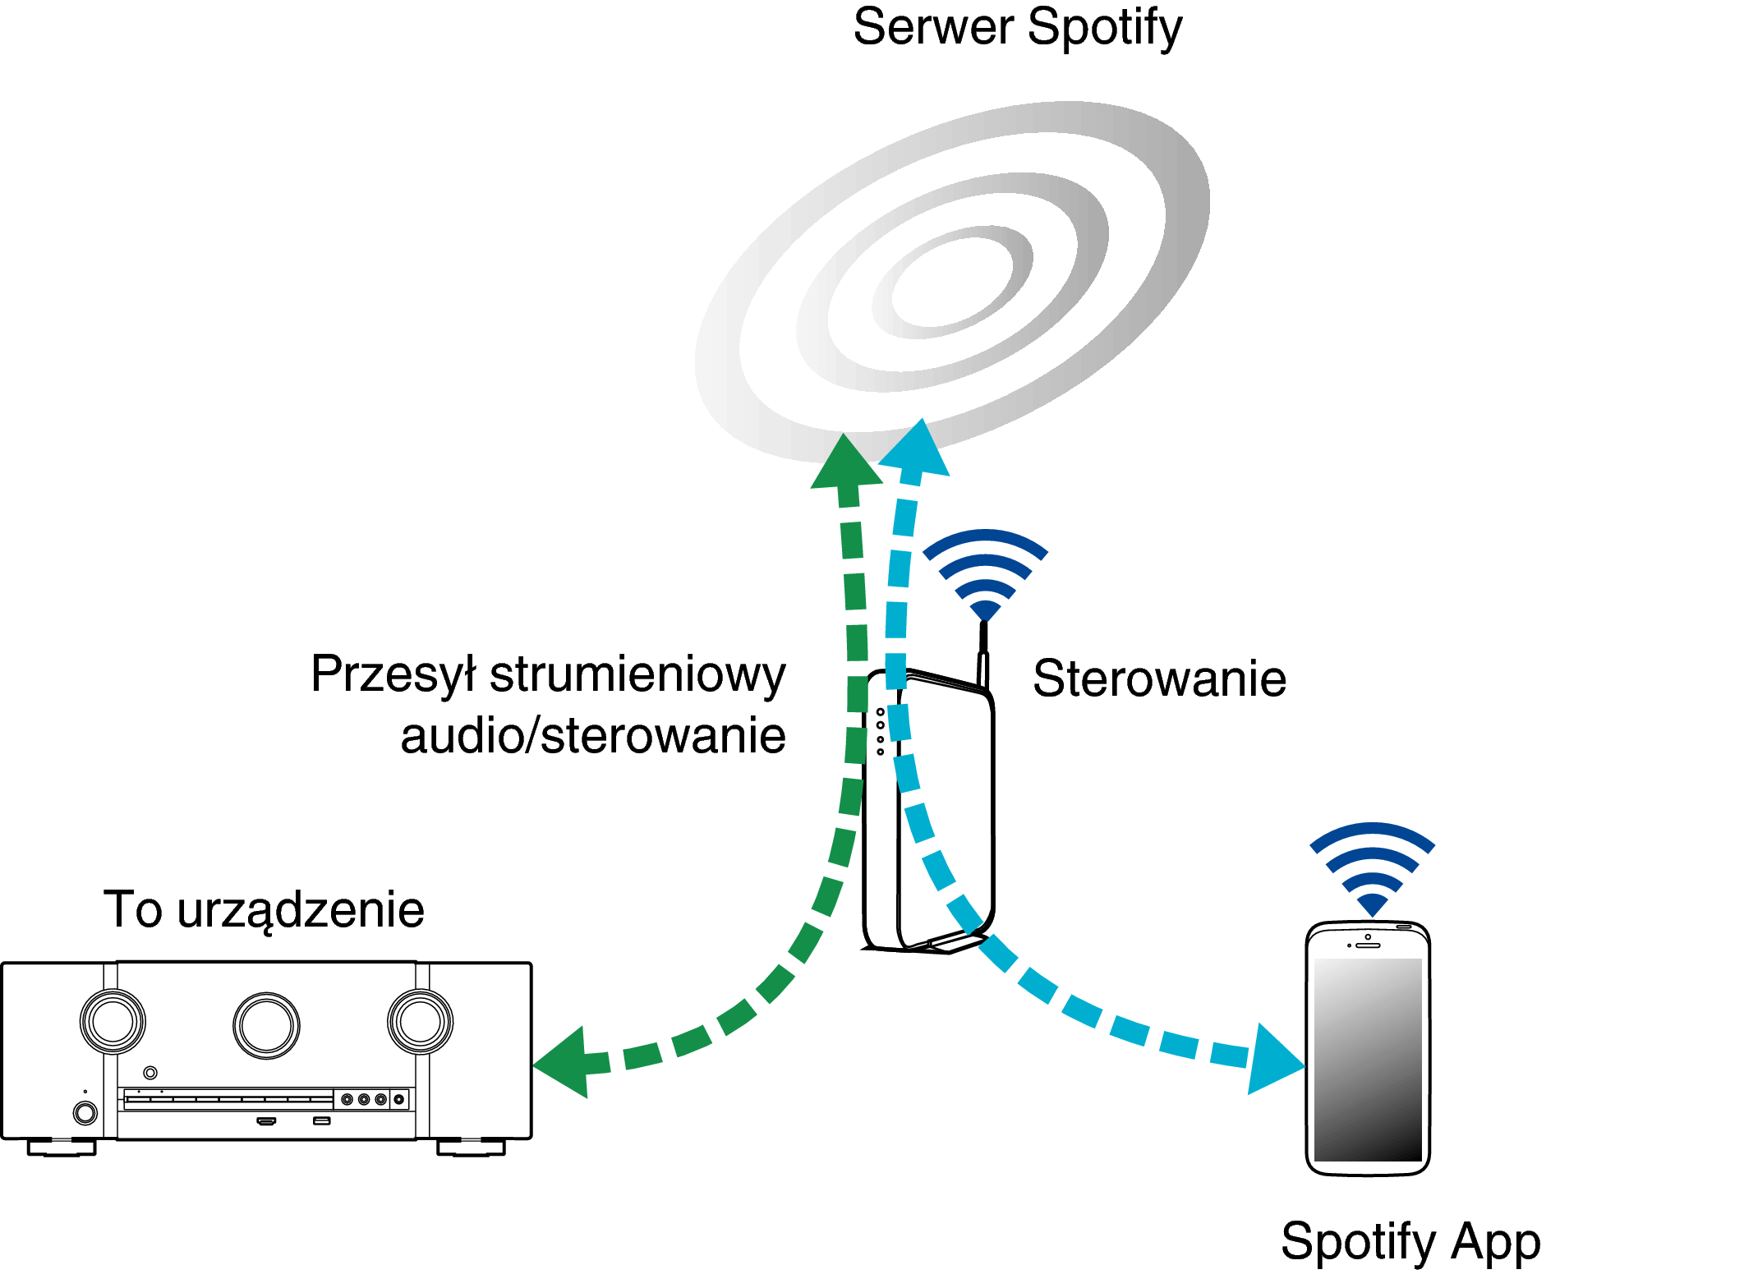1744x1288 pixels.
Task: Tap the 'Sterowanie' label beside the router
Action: [x=1159, y=678]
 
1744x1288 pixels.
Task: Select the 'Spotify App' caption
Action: [x=1410, y=1241]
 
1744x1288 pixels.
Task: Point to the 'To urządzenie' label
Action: [x=264, y=910]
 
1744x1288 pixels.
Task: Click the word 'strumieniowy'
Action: [x=637, y=675]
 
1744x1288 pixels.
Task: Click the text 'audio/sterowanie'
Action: [x=593, y=735]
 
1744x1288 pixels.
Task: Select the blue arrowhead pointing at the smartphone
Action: [x=1275, y=1060]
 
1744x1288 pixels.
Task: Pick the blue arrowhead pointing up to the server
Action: [x=917, y=449]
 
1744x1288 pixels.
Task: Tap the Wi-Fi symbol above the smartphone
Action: [x=1372, y=868]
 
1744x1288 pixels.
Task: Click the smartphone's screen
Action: [x=1368, y=1060]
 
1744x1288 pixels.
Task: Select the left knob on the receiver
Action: [x=113, y=1022]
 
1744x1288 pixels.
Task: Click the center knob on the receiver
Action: [x=266, y=1025]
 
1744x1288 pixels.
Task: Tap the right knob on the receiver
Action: [x=420, y=1022]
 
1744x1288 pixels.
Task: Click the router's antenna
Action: [x=983, y=655]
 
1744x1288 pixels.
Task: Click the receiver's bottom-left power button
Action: [x=85, y=1113]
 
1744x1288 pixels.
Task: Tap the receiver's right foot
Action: [x=471, y=1147]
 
